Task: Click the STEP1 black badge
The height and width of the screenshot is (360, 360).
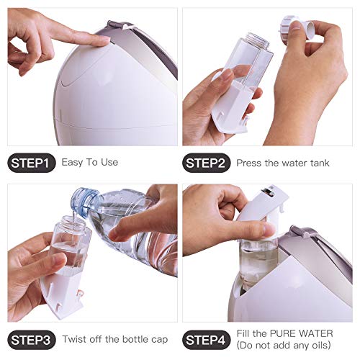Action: point(31,163)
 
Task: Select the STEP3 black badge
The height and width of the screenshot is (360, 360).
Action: point(31,338)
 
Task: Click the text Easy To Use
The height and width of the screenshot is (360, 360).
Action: point(89,163)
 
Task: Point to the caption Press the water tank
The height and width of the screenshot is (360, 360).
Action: point(283,163)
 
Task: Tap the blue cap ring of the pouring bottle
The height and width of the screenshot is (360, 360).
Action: point(84,203)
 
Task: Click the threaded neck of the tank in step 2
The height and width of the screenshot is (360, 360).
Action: point(256,40)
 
